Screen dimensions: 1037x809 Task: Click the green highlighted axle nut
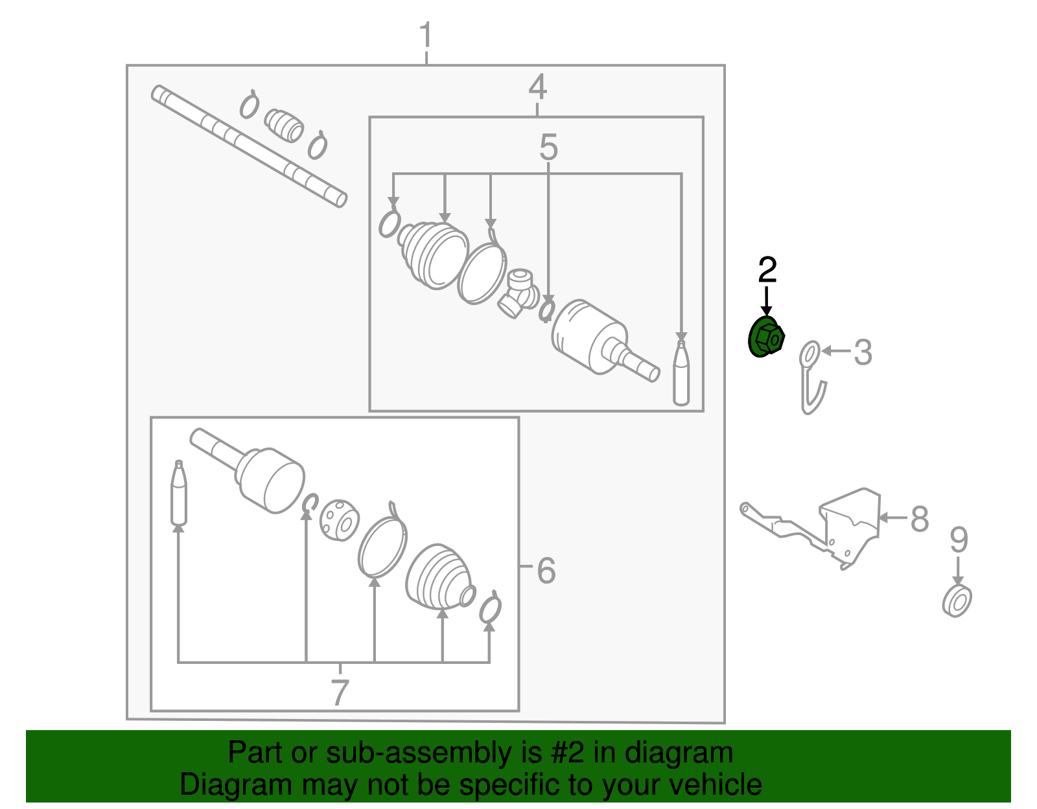pos(765,337)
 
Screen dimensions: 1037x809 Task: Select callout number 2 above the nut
pos(767,270)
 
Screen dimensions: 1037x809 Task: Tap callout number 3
pos(863,353)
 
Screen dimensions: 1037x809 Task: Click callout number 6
pos(546,571)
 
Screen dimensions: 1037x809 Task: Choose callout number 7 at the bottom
pos(340,692)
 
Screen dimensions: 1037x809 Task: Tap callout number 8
pos(920,518)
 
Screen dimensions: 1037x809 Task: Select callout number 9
pos(959,540)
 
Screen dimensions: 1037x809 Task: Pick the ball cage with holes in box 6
pos(339,520)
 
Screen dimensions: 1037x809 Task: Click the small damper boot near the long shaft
pos(284,126)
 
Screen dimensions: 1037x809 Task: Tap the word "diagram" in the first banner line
pos(679,752)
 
